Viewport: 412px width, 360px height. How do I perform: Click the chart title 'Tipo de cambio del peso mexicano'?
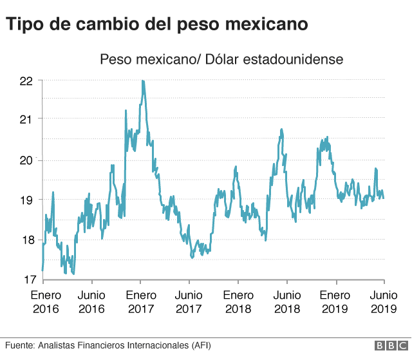(x=157, y=24)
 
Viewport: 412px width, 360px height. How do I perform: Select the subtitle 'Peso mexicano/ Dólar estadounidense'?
(x=221, y=59)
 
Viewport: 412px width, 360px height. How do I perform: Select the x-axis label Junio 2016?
(x=92, y=302)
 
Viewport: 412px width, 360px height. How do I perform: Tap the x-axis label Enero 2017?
(x=140, y=302)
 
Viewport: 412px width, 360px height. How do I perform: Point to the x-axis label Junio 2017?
(x=189, y=302)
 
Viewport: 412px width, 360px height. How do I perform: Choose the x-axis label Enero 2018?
(x=238, y=302)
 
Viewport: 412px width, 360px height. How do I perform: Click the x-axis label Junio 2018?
(x=287, y=302)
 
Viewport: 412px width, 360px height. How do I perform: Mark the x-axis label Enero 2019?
(x=335, y=302)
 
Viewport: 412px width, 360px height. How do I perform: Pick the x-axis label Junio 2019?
(x=384, y=302)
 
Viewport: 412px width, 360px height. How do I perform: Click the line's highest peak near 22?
(x=142, y=81)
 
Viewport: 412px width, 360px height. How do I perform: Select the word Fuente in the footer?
(x=18, y=346)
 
